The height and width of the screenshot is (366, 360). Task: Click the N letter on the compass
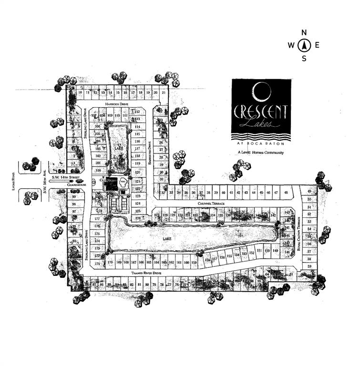[304, 33]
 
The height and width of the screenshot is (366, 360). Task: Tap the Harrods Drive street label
[117, 104]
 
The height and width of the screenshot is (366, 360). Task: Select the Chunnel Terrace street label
[211, 203]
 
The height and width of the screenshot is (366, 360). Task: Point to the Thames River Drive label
[147, 273]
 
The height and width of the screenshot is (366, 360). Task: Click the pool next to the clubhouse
[123, 182]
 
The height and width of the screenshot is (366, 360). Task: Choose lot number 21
[164, 92]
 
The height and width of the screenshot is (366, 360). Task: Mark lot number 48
[286, 193]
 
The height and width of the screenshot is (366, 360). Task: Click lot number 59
[309, 266]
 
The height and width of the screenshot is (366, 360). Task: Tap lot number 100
[98, 170]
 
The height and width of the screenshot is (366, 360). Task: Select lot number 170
[111, 262]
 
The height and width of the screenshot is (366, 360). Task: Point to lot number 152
[252, 253]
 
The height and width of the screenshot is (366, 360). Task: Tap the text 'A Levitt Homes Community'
[260, 152]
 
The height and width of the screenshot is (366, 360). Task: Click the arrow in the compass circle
[304, 46]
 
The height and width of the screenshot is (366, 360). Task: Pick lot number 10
[81, 92]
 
